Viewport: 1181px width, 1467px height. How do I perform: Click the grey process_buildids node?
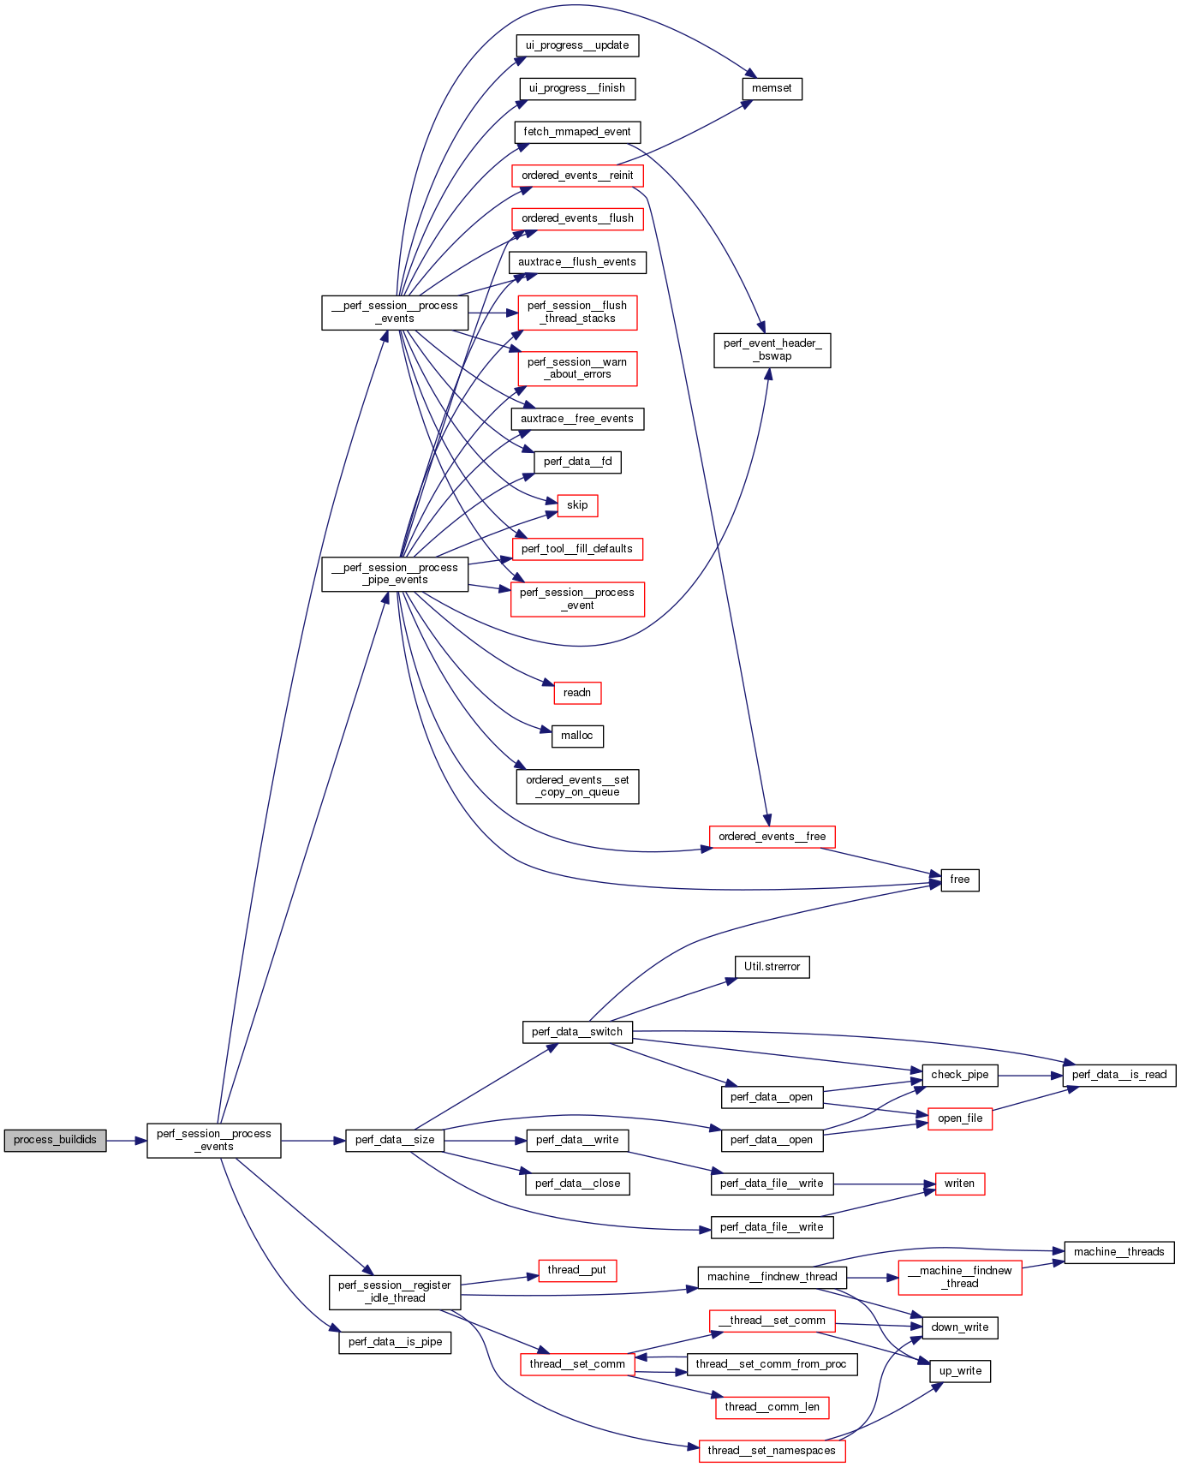click(55, 1140)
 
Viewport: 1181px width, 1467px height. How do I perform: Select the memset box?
click(772, 88)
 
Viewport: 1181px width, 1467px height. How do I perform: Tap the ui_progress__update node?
click(577, 45)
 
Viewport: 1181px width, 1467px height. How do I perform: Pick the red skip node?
click(577, 505)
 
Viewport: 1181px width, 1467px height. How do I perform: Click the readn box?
click(577, 692)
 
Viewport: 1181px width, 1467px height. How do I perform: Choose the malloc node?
click(577, 736)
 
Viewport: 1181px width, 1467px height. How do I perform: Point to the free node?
click(959, 880)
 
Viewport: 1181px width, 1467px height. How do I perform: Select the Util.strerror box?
click(772, 967)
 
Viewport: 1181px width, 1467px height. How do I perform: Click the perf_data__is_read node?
click(1118, 1075)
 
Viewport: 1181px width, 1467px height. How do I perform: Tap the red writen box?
click(959, 1184)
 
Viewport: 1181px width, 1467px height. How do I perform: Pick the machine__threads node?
click(1118, 1252)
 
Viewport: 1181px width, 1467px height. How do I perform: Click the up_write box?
click(960, 1371)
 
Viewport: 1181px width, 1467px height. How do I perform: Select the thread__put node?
click(577, 1270)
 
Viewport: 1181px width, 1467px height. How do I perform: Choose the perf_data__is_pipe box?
click(395, 1342)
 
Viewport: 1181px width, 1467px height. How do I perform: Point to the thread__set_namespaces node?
click(772, 1451)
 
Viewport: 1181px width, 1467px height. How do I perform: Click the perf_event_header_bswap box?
click(772, 349)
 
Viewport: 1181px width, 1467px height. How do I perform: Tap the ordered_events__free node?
click(772, 837)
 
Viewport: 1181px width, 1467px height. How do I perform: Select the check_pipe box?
click(959, 1075)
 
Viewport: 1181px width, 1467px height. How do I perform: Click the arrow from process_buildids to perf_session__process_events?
click(127, 1140)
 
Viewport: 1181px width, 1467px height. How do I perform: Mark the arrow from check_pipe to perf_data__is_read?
click(1030, 1075)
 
